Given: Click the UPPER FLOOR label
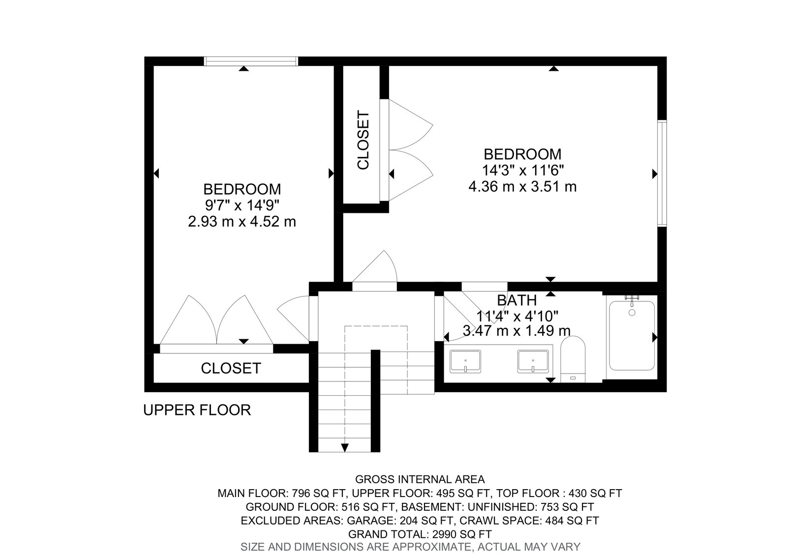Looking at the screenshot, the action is pyautogui.click(x=197, y=410).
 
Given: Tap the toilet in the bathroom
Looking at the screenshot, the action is pyautogui.click(x=573, y=359).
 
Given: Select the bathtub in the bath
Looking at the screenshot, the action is pyautogui.click(x=632, y=336).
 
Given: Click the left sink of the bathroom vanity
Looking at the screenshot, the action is pyautogui.click(x=465, y=361).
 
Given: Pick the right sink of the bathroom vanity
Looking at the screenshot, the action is pyautogui.click(x=533, y=361).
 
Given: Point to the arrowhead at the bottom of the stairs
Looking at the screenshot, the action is pyautogui.click(x=345, y=448).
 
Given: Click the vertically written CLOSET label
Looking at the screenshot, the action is pyautogui.click(x=363, y=140).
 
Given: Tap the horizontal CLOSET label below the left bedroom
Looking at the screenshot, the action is pyautogui.click(x=231, y=368).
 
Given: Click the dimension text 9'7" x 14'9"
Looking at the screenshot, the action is pyautogui.click(x=242, y=205).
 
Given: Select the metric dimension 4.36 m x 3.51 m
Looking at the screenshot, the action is pyautogui.click(x=522, y=186).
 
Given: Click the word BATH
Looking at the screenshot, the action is pyautogui.click(x=517, y=301).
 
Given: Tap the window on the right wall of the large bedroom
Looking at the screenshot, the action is pyautogui.click(x=662, y=174).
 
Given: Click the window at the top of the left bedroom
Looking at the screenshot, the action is pyautogui.click(x=251, y=61).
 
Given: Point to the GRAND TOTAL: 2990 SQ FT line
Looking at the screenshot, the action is pyautogui.click(x=420, y=534).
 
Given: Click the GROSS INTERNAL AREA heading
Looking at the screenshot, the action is pyautogui.click(x=420, y=479).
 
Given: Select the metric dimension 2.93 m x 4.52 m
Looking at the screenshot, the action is pyautogui.click(x=242, y=222).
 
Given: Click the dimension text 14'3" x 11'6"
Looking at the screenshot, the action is pyautogui.click(x=522, y=171).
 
